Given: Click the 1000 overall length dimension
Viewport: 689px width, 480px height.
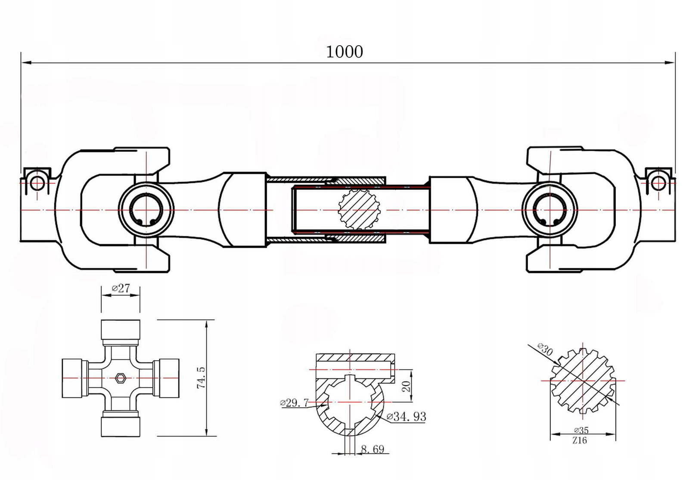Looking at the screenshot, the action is click(x=344, y=52).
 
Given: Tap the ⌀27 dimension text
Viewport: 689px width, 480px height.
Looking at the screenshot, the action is click(x=121, y=288).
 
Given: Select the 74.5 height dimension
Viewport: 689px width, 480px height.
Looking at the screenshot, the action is click(x=201, y=378).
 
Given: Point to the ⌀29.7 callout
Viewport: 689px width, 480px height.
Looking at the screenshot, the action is click(x=294, y=403).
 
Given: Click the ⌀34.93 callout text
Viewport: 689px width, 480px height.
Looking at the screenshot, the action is click(x=407, y=417).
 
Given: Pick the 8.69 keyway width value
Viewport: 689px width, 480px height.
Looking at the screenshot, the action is click(x=373, y=449).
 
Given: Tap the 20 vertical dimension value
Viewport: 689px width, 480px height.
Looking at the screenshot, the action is click(x=407, y=386).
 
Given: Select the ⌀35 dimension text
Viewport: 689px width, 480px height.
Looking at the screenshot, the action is click(x=581, y=430).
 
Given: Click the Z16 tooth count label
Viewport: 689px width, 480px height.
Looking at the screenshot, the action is click(x=580, y=440).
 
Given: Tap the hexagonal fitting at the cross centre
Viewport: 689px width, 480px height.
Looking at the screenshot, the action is click(x=120, y=378).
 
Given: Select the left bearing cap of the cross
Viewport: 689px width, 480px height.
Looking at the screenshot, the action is click(x=72, y=378).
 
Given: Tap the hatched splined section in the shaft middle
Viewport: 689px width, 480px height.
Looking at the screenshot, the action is click(x=359, y=209).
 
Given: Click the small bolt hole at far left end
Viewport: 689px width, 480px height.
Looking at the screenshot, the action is click(x=37, y=183).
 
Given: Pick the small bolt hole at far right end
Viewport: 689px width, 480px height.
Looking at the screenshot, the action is click(x=658, y=183).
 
